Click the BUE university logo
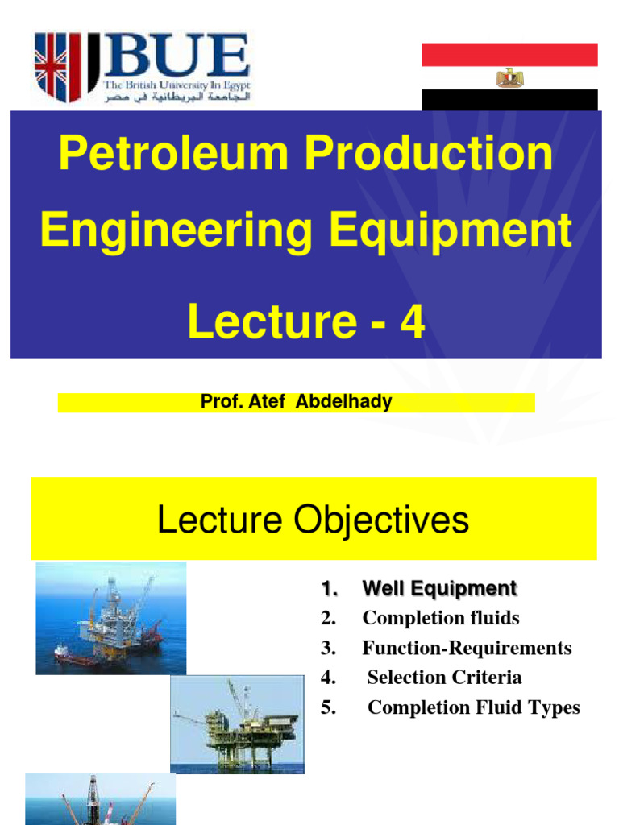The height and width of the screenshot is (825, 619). (142, 67)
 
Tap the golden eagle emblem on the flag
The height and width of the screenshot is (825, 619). (509, 77)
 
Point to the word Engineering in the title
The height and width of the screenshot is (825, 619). (177, 232)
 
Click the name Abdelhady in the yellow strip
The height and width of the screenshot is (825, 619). (344, 402)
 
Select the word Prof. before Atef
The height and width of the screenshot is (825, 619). (219, 402)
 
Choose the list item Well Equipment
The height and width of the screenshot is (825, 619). (439, 589)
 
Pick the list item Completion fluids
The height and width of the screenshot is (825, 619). (441, 618)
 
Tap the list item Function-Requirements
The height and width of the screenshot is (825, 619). (467, 648)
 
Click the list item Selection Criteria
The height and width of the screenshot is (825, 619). (444, 678)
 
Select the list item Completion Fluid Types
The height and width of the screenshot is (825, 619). (474, 707)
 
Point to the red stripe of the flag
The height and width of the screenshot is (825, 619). (509, 55)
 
